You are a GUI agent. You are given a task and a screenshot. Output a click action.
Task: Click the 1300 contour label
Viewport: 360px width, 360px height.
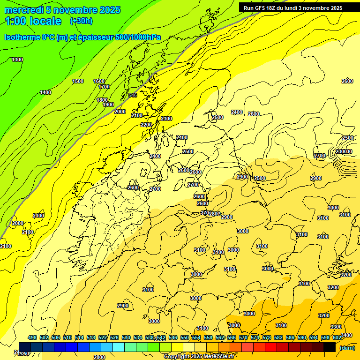17,60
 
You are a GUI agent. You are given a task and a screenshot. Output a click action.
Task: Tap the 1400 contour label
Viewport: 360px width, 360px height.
45,92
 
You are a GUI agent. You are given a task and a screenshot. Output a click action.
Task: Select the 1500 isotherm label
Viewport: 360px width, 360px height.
78,81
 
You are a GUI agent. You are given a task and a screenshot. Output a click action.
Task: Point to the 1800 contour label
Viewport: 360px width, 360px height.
102,100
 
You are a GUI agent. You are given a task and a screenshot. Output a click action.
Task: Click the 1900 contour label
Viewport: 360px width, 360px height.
108,105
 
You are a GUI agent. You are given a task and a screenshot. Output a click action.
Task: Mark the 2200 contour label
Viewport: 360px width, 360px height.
146,125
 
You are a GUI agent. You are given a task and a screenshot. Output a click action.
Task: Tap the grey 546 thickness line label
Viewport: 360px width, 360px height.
133,95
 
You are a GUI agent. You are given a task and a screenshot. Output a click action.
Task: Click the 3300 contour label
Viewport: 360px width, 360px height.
336,327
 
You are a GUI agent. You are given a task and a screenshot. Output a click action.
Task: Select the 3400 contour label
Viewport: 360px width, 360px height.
346,335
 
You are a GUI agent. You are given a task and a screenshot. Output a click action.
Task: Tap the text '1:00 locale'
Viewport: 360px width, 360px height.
33,21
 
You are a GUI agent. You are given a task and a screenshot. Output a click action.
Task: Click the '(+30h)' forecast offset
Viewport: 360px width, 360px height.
81,21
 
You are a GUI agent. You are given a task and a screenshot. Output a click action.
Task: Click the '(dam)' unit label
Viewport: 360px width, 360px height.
347,347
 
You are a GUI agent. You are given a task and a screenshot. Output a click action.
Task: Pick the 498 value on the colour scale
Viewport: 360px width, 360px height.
32,337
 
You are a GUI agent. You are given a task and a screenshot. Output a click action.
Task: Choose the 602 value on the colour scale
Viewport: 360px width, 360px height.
337,337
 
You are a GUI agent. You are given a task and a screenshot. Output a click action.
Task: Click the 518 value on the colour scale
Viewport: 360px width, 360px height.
91,337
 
